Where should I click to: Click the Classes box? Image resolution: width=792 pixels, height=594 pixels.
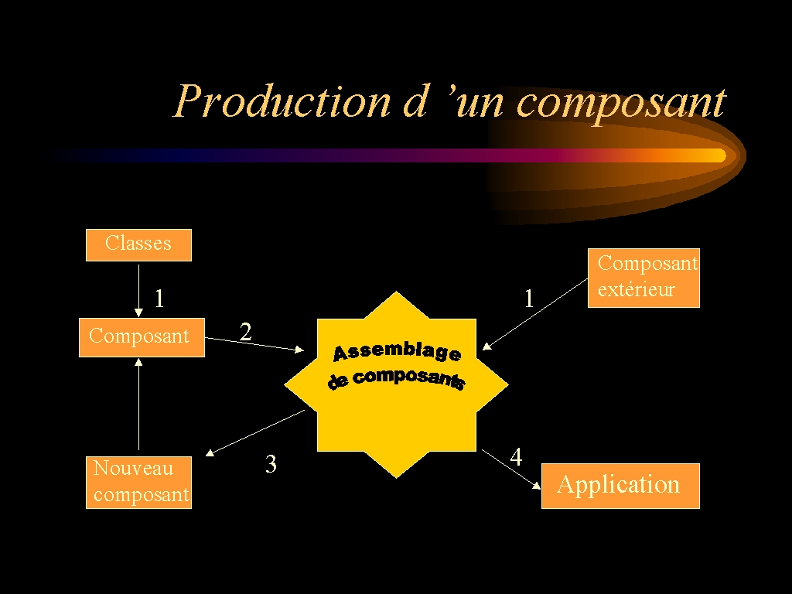138,244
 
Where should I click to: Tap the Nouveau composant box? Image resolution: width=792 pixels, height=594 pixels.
138,482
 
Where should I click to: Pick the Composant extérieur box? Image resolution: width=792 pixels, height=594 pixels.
643,277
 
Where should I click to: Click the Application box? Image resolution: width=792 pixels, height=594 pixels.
620,485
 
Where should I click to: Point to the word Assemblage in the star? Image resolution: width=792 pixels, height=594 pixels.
397,352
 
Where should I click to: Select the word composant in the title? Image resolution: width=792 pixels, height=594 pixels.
621,101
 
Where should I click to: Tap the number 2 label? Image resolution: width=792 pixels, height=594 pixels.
245,332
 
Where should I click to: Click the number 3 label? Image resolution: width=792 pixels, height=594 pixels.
271,464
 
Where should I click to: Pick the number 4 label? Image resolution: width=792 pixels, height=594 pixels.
516,457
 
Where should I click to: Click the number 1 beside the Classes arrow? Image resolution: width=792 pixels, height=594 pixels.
159,299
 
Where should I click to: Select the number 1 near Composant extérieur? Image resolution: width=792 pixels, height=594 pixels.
529,299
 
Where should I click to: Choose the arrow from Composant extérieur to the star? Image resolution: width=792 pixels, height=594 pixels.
535,313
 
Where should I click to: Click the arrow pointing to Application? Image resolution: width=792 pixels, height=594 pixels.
511,469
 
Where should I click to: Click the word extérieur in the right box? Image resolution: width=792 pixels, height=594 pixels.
636,290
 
